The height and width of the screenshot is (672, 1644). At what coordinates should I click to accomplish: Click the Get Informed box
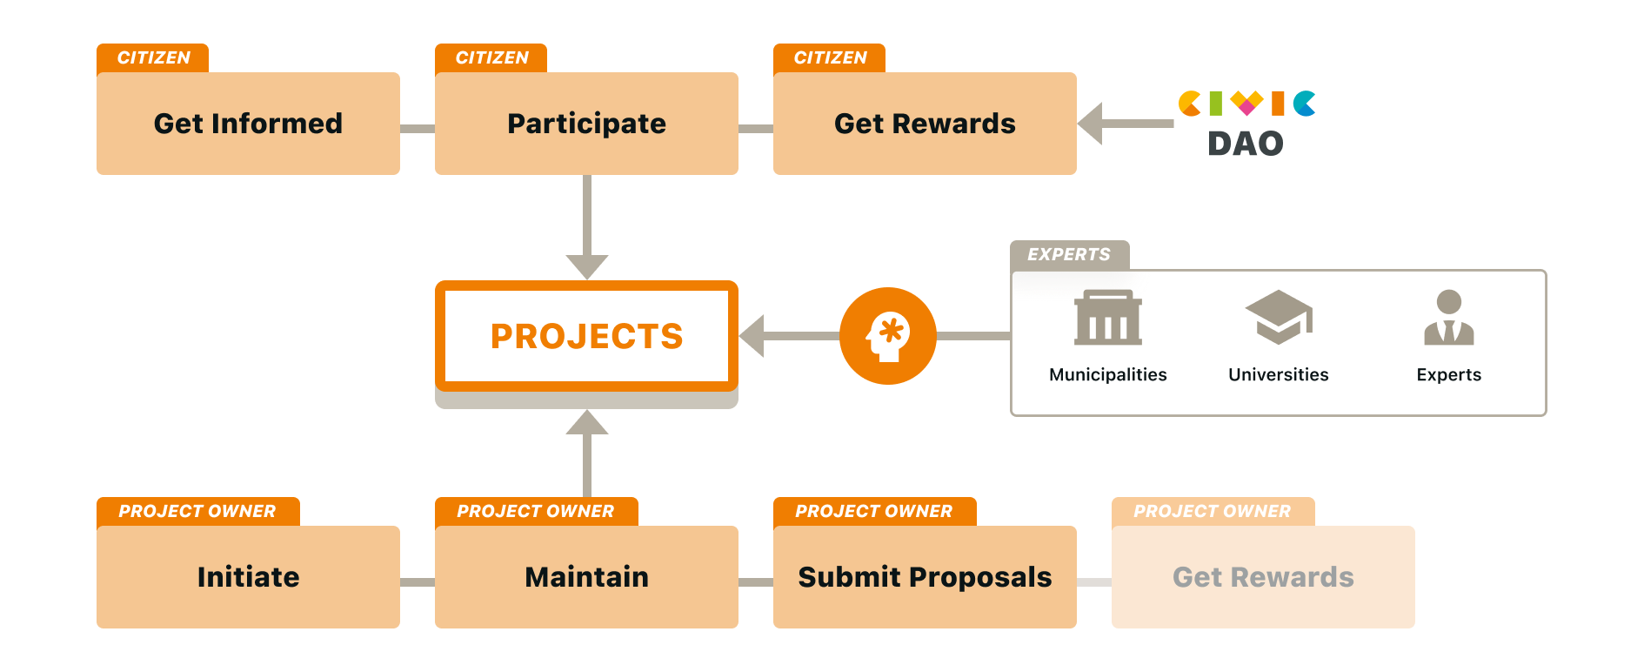248,124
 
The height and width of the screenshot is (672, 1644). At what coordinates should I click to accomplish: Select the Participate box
586,124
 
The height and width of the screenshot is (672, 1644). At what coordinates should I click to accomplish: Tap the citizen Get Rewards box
925,124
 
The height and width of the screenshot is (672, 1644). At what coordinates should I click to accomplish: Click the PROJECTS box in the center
586,336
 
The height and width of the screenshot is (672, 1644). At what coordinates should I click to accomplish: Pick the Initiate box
248,577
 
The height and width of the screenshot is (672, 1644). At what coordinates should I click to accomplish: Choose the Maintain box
586,577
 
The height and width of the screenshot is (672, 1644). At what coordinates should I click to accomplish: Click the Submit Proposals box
925,577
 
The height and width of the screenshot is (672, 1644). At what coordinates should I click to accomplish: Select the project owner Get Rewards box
1263,577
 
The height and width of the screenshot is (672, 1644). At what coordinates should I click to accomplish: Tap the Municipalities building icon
1108,319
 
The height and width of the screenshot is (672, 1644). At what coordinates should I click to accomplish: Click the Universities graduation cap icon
1278,317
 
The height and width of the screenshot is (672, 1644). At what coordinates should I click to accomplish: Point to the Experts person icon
1448,318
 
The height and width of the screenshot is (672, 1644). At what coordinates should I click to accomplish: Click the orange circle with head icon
887,336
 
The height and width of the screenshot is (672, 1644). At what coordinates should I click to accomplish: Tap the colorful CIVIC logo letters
1246,104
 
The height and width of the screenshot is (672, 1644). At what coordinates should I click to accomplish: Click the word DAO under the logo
1246,144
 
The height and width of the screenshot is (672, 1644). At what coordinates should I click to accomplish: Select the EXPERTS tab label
1069,254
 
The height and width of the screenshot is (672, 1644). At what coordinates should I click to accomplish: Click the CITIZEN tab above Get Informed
153,57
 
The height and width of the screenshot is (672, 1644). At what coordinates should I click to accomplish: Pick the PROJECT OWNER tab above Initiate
197,511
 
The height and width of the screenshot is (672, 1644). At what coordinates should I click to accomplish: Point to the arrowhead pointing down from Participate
587,265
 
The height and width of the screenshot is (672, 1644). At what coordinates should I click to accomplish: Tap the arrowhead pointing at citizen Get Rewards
1092,124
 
